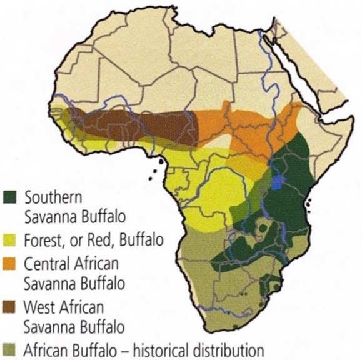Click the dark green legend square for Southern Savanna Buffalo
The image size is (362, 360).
pos(9,199)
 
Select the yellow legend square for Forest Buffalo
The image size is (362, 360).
pos(9,238)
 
